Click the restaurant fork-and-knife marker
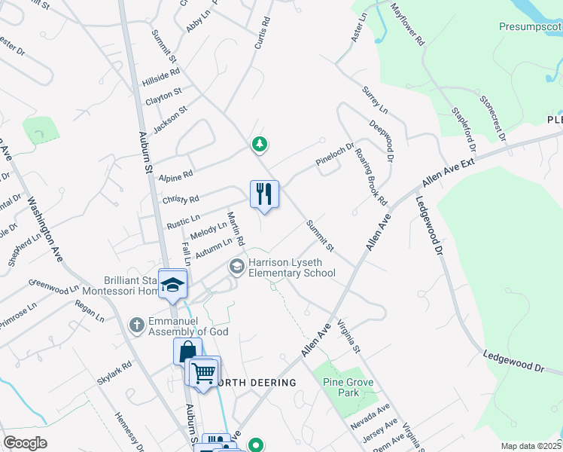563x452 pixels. click(x=264, y=194)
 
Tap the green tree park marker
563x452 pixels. click(x=260, y=143)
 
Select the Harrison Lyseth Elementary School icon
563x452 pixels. click(x=236, y=267)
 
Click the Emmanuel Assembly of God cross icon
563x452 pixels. click(x=136, y=325)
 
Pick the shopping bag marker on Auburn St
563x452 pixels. click(x=187, y=351)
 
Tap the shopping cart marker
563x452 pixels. click(x=204, y=372)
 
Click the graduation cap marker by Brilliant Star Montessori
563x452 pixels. click(x=173, y=284)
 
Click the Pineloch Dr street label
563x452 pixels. click(x=334, y=155)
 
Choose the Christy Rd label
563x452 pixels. click(x=181, y=200)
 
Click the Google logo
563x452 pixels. click(x=25, y=443)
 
